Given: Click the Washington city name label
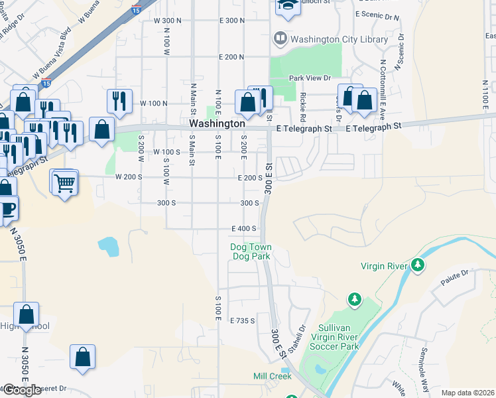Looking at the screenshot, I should tap(217, 124).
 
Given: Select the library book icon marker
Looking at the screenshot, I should tap(279, 39).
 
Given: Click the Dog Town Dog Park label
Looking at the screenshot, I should tap(251, 251).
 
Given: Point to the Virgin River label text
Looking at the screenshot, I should tap(384, 266).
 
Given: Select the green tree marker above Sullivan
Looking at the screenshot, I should tap(355, 300).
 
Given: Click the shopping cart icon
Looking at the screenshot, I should tap(64, 182).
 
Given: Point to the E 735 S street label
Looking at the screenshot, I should tap(243, 320).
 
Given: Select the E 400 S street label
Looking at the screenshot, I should tap(243, 229).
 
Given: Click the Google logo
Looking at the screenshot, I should tap(22, 390).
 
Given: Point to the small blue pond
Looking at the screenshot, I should tap(108, 246).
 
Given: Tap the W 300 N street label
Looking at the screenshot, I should tap(167, 21).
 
